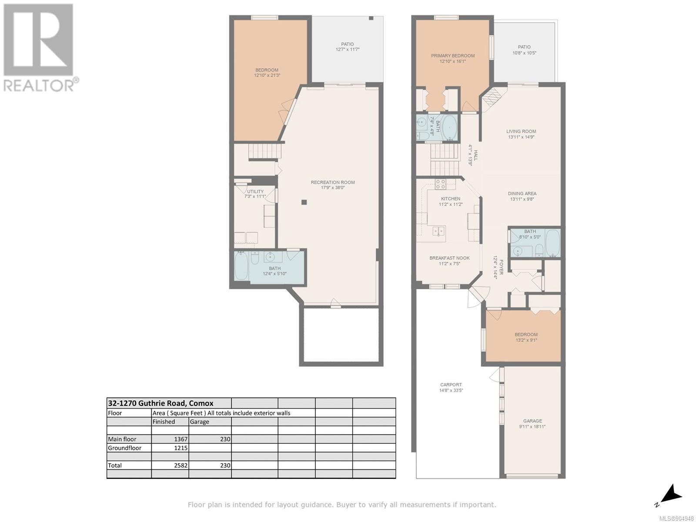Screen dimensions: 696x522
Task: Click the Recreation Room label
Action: (332, 182)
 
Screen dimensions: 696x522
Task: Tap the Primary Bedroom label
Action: (452, 56)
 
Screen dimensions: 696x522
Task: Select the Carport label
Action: (451, 385)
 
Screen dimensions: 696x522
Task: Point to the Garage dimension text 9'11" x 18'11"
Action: (532, 427)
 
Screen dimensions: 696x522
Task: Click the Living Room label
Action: (521, 131)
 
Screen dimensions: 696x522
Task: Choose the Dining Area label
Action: (522, 194)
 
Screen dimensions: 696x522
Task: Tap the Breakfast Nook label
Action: (449, 258)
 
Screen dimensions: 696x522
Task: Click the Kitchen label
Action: (450, 199)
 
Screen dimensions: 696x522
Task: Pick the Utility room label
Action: (255, 192)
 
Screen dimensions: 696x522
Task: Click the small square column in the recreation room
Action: (304, 202)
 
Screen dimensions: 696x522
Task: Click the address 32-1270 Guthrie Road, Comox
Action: (161, 403)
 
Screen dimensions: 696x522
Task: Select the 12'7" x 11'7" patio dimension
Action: (347, 50)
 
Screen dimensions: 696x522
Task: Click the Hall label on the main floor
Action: (475, 155)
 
